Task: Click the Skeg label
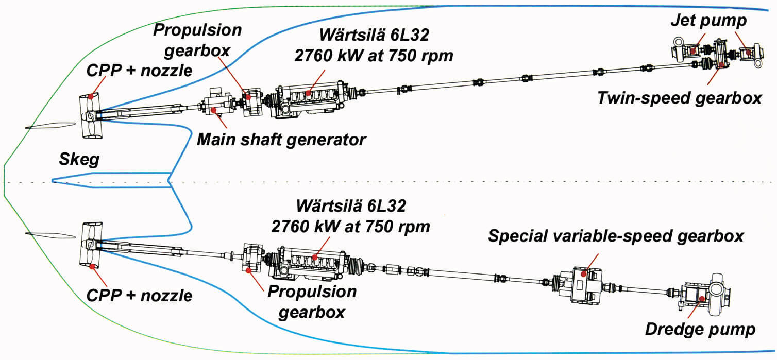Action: click(79, 159)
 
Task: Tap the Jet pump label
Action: click(708, 21)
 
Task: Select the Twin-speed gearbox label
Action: click(680, 98)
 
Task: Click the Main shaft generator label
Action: click(281, 140)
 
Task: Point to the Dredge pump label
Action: click(700, 329)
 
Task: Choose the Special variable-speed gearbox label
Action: click(616, 236)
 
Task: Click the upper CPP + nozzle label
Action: click(139, 71)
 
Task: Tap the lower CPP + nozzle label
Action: click(139, 296)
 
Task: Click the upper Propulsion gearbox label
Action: click(197, 40)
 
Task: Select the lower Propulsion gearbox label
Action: click(312, 302)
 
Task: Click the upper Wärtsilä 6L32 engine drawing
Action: click(311, 100)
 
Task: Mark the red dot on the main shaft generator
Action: click(214, 110)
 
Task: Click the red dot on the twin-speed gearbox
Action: click(721, 64)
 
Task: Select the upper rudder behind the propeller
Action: click(50, 126)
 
